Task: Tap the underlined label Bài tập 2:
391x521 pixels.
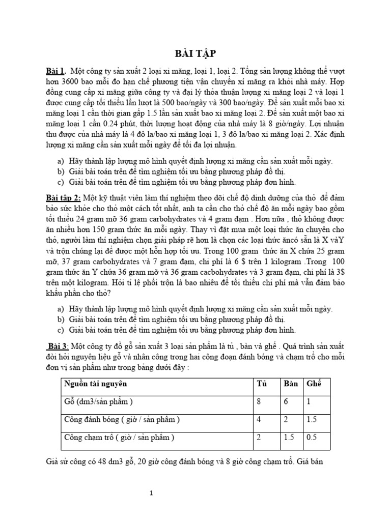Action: coord(63,197)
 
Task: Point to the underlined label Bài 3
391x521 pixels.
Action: coord(58,346)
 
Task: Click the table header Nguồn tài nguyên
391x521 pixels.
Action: coord(95,384)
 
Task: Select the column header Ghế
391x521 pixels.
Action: coord(314,384)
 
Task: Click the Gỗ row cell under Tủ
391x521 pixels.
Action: coord(260,402)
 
